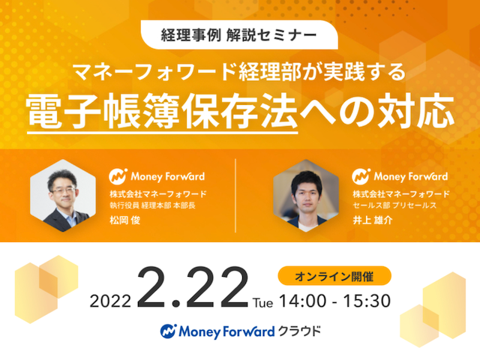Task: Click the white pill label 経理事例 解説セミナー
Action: point(239,35)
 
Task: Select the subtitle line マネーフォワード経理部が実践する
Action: point(240,72)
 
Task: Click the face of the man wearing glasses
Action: point(63,190)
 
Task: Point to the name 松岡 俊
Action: point(125,220)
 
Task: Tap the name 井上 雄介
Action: point(373,220)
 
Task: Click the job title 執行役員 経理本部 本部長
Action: point(152,205)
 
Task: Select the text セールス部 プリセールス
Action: point(394,205)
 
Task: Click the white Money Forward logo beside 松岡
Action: point(157,176)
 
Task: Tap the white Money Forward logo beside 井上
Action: point(400,176)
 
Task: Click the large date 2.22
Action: point(193,286)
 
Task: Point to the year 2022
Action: point(110,301)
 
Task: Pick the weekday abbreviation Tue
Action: point(263,303)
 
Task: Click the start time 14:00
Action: point(303,301)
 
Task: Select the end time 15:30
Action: point(367,301)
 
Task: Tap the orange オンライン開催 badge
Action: point(334,276)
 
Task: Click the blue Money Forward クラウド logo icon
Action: point(168,331)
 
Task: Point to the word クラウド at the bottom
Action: point(298,331)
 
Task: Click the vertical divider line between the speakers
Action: point(235,195)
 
